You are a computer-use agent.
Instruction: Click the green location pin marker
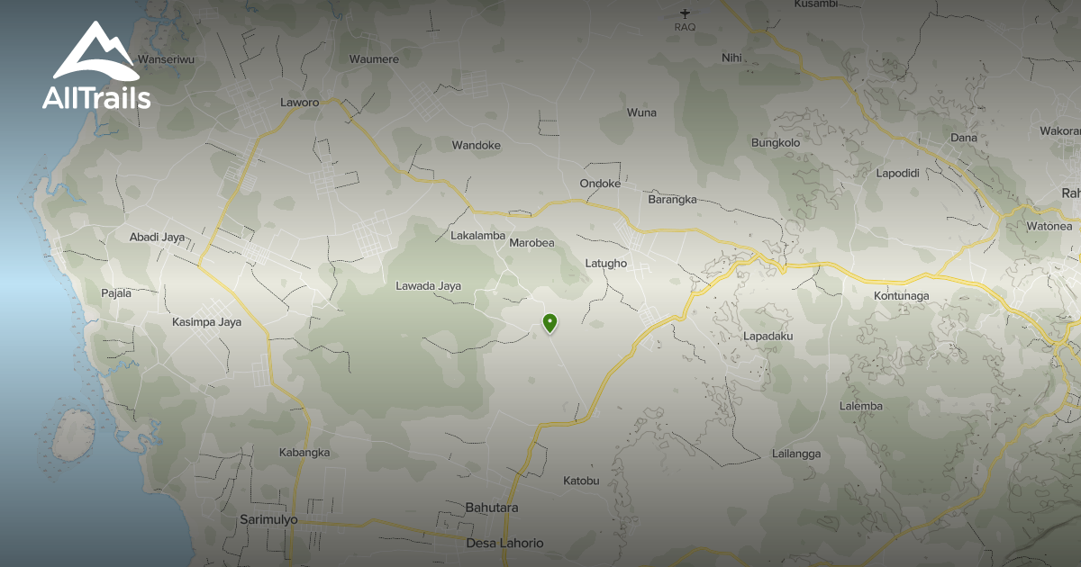(550, 323)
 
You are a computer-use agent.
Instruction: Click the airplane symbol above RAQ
(686, 13)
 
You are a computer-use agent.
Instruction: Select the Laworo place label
(300, 103)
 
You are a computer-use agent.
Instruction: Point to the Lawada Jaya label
(428, 286)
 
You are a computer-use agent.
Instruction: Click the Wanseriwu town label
(166, 59)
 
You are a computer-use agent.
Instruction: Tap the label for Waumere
(374, 59)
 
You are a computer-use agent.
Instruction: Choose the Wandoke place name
(476, 145)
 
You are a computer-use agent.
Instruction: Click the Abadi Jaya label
(157, 238)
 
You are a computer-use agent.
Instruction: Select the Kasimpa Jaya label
(206, 321)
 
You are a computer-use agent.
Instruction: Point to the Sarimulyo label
(268, 520)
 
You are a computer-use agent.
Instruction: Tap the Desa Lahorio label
(504, 543)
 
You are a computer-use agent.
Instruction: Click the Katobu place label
(581, 481)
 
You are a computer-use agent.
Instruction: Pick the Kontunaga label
(901, 295)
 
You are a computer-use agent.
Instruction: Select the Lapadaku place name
(768, 336)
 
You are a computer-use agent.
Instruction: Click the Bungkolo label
(776, 142)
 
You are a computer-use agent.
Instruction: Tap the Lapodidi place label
(897, 173)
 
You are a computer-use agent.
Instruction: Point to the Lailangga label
(796, 454)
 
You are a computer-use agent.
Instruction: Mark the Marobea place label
(531, 243)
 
